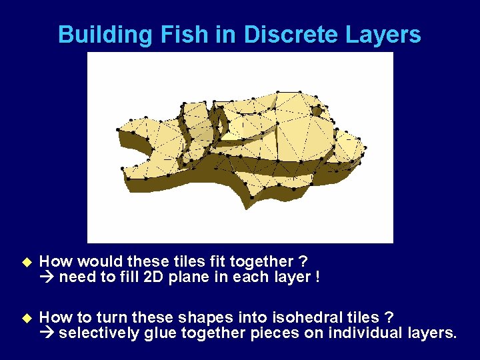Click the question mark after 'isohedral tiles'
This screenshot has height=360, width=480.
389,317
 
